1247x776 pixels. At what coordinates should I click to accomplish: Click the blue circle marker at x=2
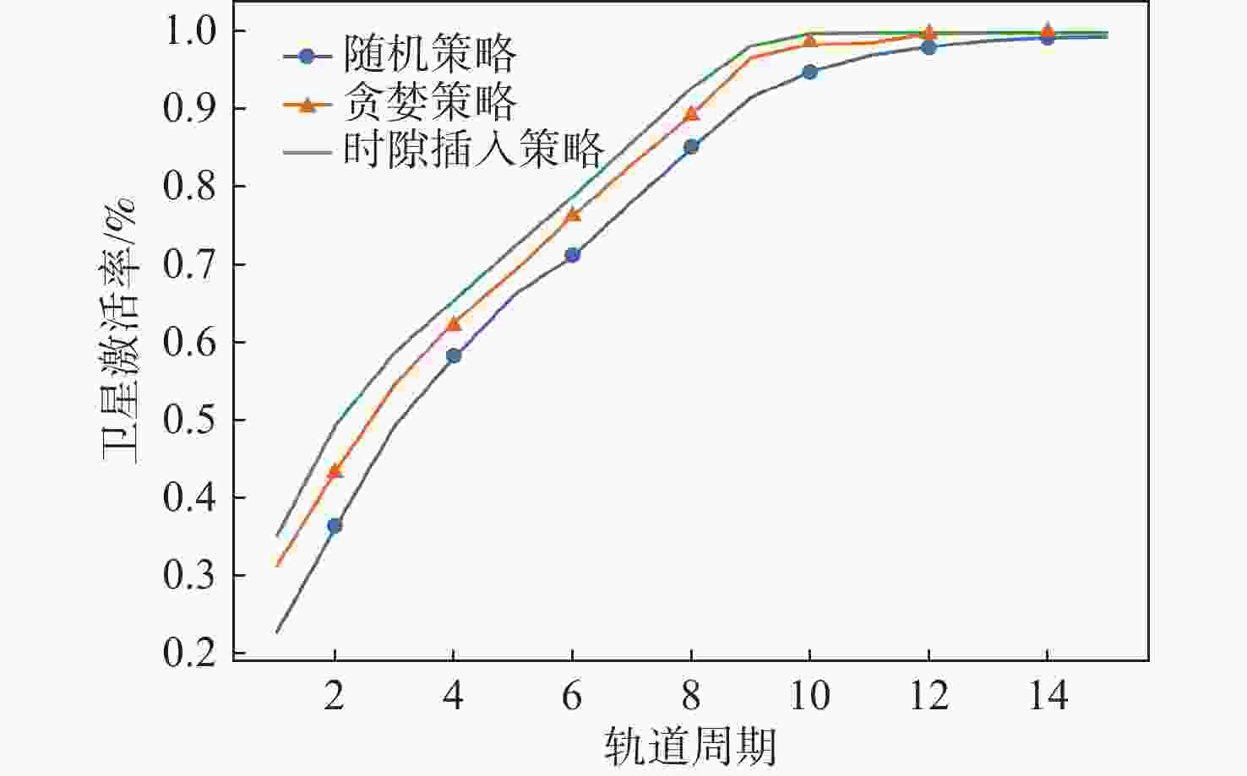335,525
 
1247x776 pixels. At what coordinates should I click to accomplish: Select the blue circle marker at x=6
572,254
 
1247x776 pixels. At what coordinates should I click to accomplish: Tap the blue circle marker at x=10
809,72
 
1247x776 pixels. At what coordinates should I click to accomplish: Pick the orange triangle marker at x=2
335,470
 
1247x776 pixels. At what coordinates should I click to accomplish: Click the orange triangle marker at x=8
691,113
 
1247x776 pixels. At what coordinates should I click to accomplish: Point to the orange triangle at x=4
454,323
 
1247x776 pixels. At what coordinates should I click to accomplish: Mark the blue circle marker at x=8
691,146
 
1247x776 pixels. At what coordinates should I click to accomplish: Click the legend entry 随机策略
429,56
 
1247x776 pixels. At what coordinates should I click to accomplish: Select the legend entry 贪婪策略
429,103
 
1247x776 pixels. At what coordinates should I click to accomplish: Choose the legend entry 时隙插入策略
473,150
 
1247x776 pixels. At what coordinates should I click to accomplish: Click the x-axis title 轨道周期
689,746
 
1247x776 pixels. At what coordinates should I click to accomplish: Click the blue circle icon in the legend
308,57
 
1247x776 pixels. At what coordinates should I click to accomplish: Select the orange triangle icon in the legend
308,104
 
